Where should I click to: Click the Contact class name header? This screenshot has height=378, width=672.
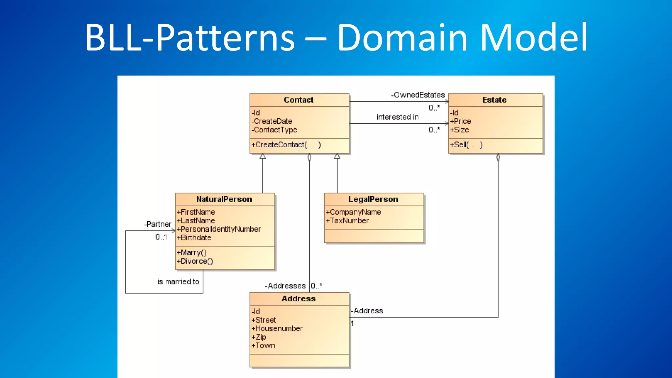[x=299, y=100]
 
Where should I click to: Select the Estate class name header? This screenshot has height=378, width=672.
[x=494, y=100]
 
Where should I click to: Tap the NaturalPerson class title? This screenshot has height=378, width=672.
[x=224, y=199]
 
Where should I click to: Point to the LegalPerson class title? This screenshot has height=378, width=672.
[x=373, y=199]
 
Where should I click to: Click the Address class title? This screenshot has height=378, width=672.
[x=299, y=299]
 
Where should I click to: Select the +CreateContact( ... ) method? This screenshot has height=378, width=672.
[x=286, y=145]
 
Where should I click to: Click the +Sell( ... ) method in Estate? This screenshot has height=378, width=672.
[x=466, y=145]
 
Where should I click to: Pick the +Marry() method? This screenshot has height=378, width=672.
[x=192, y=253]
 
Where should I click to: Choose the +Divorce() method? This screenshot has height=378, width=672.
[x=195, y=261]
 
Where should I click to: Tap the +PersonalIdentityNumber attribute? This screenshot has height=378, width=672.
[x=219, y=229]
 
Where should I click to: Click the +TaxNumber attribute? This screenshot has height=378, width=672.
[x=347, y=220]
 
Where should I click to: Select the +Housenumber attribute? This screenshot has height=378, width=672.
[x=277, y=328]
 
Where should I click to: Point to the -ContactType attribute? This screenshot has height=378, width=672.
[x=274, y=130]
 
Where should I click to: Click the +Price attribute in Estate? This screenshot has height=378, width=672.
[x=461, y=121]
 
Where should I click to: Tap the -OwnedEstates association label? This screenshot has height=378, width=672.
[x=418, y=95]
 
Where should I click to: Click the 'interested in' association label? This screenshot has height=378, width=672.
[x=398, y=117]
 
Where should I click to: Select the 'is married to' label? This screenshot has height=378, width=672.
[x=178, y=282]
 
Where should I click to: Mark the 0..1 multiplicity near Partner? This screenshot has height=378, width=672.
[x=161, y=237]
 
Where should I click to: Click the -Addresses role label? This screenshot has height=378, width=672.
[x=285, y=286]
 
